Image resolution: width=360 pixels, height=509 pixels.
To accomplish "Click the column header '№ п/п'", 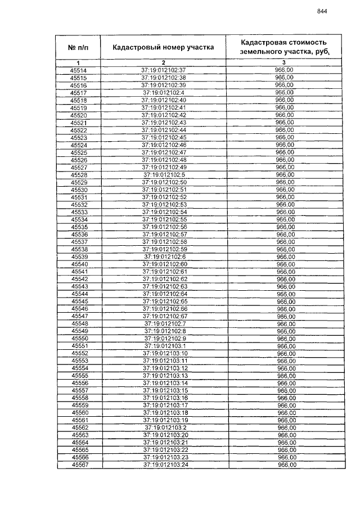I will [x=78, y=47].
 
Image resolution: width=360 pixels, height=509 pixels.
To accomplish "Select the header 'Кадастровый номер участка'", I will [x=163, y=47].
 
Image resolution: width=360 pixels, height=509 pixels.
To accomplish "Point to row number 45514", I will [x=78, y=70].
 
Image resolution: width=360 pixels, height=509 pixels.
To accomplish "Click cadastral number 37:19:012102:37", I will [x=163, y=70].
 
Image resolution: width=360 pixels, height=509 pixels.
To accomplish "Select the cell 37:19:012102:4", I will [x=163, y=93].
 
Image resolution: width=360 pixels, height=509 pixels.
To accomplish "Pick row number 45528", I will [x=78, y=175].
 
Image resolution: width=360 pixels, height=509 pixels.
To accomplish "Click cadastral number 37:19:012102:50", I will [x=163, y=182].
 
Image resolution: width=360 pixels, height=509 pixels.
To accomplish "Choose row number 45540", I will [x=79, y=264].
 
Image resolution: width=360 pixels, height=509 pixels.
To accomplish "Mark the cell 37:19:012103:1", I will [x=164, y=346].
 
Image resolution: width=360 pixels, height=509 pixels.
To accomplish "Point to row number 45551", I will [x=79, y=346].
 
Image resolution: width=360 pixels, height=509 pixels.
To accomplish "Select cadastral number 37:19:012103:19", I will [x=164, y=420].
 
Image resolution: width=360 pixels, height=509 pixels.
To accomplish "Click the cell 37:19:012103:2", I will [x=164, y=427].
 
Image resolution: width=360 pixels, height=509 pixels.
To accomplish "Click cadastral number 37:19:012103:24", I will [x=164, y=465].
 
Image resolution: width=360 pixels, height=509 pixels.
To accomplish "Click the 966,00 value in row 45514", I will [x=283, y=70].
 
